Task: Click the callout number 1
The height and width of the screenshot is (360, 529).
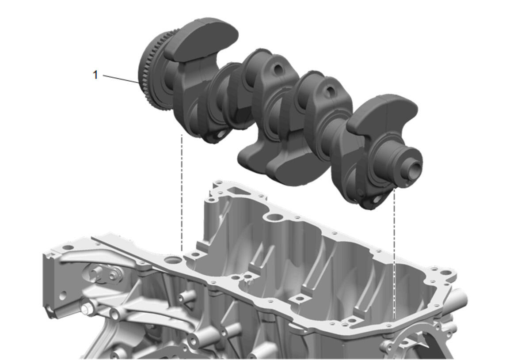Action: click(x=95, y=75)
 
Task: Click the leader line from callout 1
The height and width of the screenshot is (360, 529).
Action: click(x=121, y=79)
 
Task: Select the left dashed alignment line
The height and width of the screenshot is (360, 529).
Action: click(x=182, y=193)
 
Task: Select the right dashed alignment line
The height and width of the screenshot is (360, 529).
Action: click(x=394, y=254)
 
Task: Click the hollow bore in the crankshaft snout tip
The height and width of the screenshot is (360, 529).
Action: click(x=414, y=167)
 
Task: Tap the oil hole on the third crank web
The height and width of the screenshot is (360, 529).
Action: click(x=330, y=90)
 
